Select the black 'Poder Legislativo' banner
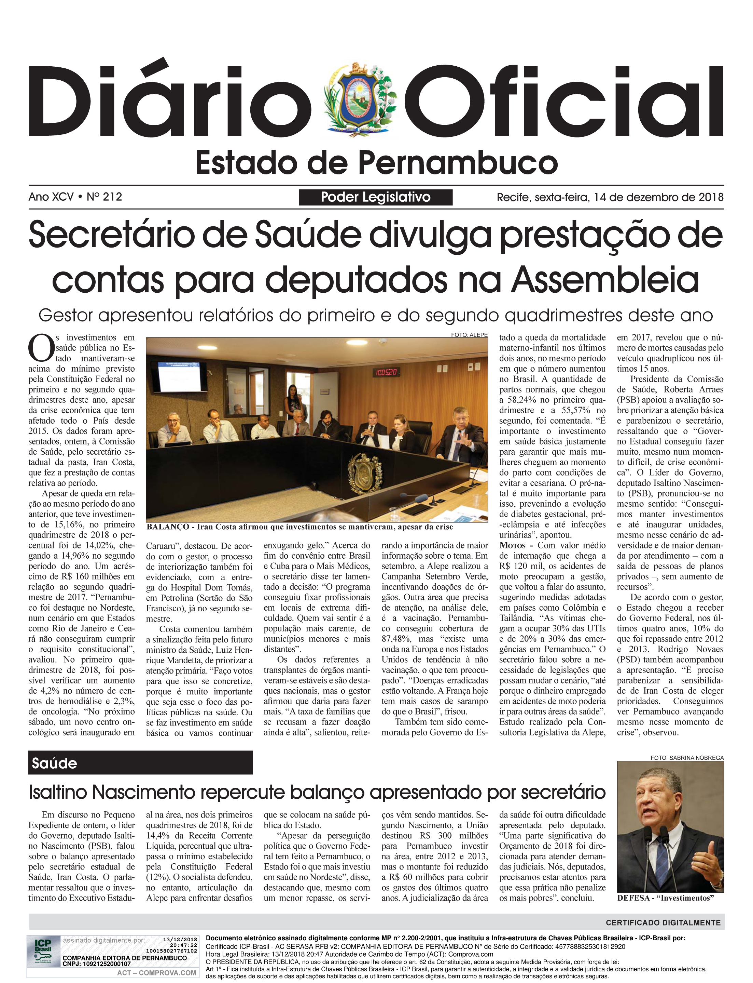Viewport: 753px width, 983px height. pyautogui.click(x=376, y=197)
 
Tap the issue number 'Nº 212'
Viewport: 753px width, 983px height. pyautogui.click(x=104, y=197)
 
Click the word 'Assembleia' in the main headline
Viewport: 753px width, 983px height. pyautogui.click(x=605, y=279)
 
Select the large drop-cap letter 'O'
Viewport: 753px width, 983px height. pyautogui.click(x=41, y=349)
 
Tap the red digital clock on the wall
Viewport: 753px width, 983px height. pyautogui.click(x=386, y=372)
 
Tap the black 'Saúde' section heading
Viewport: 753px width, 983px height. pyautogui.click(x=140, y=763)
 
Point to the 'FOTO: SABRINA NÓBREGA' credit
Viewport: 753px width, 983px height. pyautogui.click(x=687, y=758)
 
